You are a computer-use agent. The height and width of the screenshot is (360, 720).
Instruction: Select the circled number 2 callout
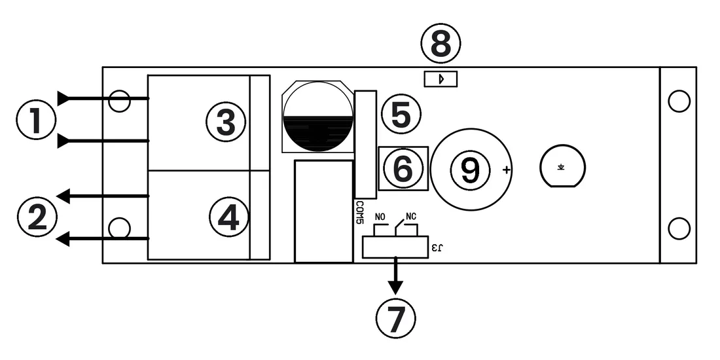click(x=37, y=217)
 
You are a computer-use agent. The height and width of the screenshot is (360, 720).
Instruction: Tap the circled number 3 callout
click(x=226, y=122)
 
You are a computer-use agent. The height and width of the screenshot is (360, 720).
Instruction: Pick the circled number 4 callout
click(x=228, y=217)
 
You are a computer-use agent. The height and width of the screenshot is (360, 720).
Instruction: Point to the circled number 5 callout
click(x=401, y=115)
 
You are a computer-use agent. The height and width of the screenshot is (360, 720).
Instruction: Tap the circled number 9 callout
click(x=471, y=169)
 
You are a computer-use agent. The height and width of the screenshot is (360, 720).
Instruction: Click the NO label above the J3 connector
click(x=380, y=217)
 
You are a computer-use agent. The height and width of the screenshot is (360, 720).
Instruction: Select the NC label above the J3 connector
click(x=412, y=216)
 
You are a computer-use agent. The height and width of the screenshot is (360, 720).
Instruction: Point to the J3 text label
click(x=437, y=248)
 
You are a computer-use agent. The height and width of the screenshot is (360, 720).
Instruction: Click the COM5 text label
click(x=359, y=213)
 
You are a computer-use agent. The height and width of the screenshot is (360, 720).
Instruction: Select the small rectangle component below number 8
click(x=441, y=79)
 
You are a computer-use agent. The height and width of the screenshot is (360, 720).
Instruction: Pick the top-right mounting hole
click(x=679, y=101)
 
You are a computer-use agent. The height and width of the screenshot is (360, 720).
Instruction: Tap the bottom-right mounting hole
click(x=679, y=228)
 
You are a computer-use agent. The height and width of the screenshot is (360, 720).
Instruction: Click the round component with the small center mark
click(x=562, y=166)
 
